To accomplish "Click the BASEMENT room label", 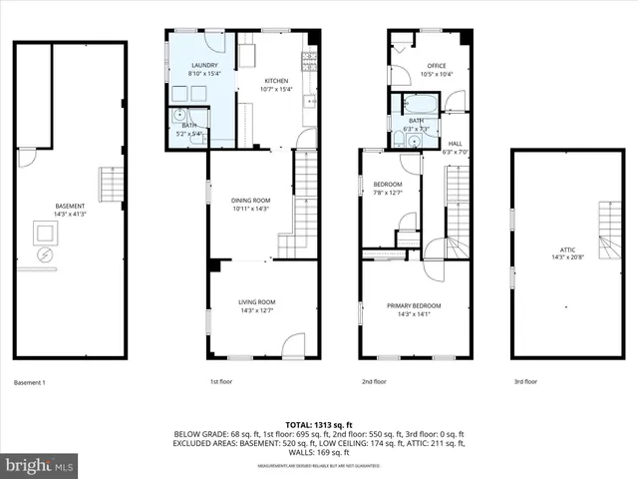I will click(70, 207).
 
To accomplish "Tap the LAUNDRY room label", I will click(204, 67).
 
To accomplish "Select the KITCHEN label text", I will click(276, 81).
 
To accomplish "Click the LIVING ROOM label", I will click(255, 301).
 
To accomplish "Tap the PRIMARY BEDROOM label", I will click(414, 305).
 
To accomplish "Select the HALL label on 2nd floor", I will click(455, 144).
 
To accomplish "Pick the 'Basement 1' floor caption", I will click(30, 382).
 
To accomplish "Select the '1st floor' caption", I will click(221, 382).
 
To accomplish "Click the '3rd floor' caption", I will click(525, 382).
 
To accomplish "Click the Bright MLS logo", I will click(40, 465).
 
